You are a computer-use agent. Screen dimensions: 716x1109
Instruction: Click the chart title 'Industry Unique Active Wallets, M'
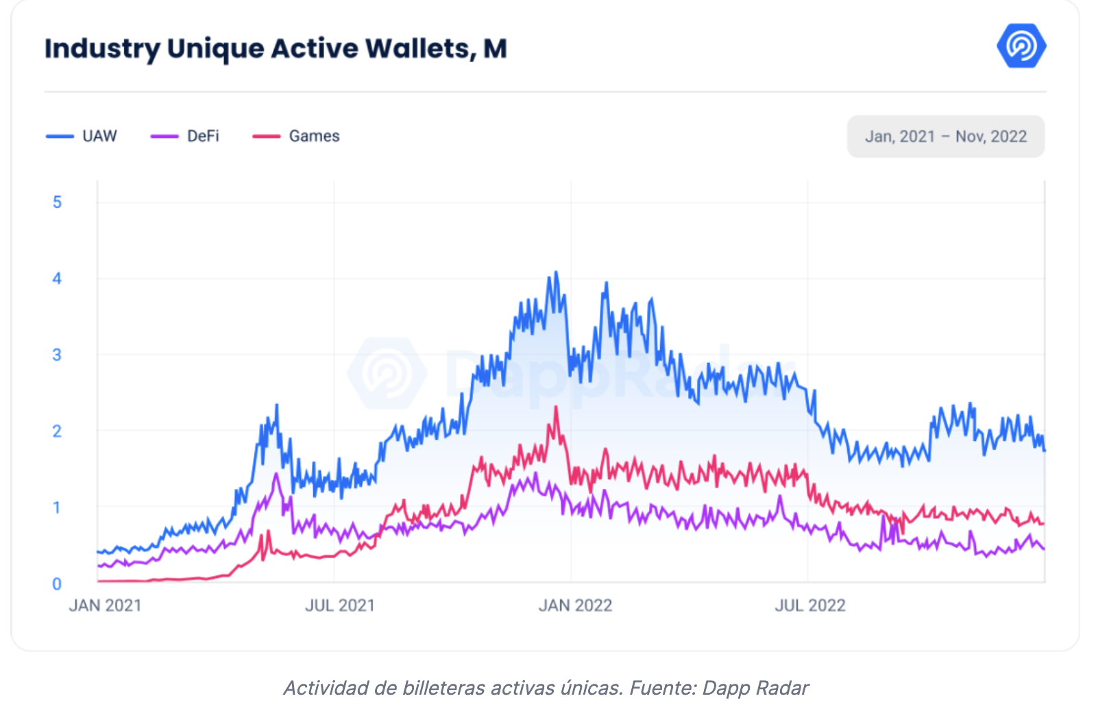(276, 49)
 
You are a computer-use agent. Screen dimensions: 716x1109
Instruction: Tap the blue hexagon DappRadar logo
(1021, 46)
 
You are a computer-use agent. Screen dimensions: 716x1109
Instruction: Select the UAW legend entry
(82, 136)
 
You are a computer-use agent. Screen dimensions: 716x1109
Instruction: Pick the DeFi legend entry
(186, 136)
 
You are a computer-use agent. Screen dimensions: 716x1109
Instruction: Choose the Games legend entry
(297, 136)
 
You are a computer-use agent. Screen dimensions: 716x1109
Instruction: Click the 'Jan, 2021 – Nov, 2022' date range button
(945, 136)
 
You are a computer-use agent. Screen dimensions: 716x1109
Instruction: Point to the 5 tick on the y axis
(57, 202)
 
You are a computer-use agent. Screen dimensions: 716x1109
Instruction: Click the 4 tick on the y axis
(57, 278)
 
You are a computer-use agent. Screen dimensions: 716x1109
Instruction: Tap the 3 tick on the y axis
(57, 355)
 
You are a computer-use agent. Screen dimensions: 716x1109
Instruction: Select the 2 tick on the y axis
(57, 431)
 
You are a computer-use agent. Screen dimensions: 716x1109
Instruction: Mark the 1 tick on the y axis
(57, 508)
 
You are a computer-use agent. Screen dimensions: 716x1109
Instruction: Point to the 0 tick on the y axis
(57, 584)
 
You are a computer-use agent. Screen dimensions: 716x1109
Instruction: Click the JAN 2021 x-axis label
(105, 606)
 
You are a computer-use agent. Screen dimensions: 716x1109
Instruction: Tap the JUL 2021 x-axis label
(340, 606)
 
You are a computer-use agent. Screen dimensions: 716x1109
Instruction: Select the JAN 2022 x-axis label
(575, 606)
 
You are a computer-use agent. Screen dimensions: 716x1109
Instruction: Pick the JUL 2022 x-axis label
(810, 606)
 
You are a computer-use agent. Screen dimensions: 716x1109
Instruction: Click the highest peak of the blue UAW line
(556, 272)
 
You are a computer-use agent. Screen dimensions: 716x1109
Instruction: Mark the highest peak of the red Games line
(556, 407)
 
